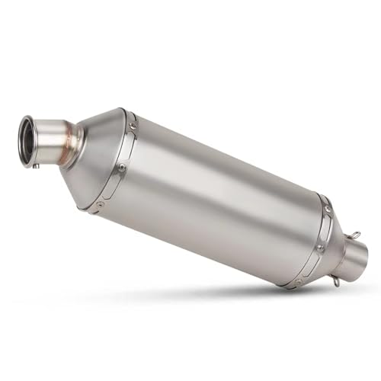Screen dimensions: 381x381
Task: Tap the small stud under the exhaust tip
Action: [33, 162]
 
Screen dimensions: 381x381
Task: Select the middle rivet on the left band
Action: [121, 166]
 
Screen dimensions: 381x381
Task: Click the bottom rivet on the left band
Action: [101, 203]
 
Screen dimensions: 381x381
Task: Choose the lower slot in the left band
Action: [111, 186]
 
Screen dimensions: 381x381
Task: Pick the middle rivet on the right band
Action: [319, 248]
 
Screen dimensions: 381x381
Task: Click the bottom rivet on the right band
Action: [298, 281]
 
